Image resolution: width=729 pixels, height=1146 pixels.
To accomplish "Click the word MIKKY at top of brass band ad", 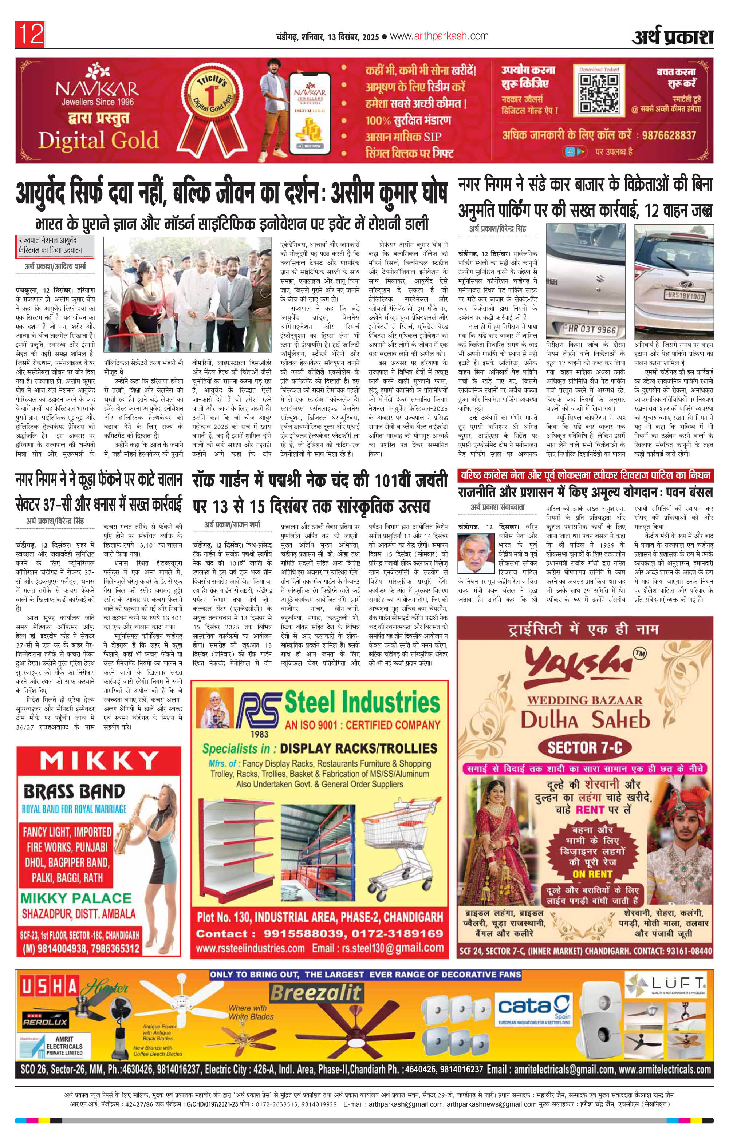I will [x=99, y=762].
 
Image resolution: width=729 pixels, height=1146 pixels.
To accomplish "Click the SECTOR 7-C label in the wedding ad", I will [x=585, y=748].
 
